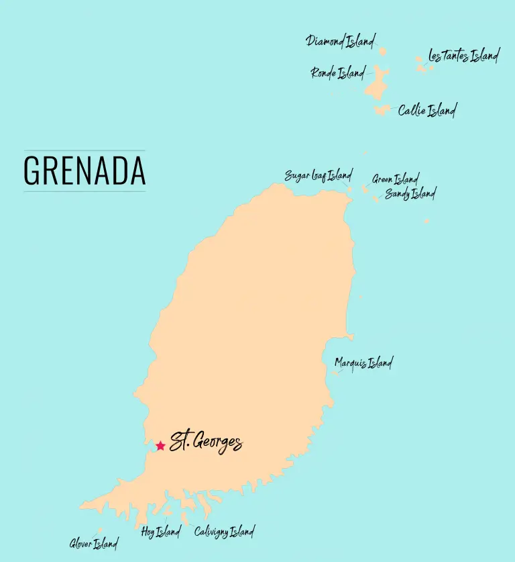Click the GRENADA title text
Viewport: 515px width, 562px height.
(x=84, y=171)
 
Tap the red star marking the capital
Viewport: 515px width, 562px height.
(x=160, y=446)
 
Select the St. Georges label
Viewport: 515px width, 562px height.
(x=205, y=442)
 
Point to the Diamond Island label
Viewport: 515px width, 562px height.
(x=340, y=42)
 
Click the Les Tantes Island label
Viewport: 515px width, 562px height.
(x=463, y=56)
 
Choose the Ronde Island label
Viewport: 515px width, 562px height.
(x=338, y=73)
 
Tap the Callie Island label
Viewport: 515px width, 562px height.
(x=427, y=111)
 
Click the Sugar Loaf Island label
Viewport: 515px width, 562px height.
(x=318, y=176)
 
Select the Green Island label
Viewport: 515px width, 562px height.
(x=396, y=179)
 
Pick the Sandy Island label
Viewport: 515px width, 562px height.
(x=410, y=194)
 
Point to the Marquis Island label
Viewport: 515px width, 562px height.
(x=363, y=363)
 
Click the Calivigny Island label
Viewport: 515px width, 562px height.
(x=224, y=532)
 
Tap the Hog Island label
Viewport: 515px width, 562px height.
(x=160, y=532)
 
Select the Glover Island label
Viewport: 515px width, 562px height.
(x=93, y=543)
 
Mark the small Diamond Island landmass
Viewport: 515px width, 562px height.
(x=383, y=51)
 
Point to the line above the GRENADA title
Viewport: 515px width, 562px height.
(x=84, y=150)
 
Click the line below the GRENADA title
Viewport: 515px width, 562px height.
(x=84, y=191)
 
